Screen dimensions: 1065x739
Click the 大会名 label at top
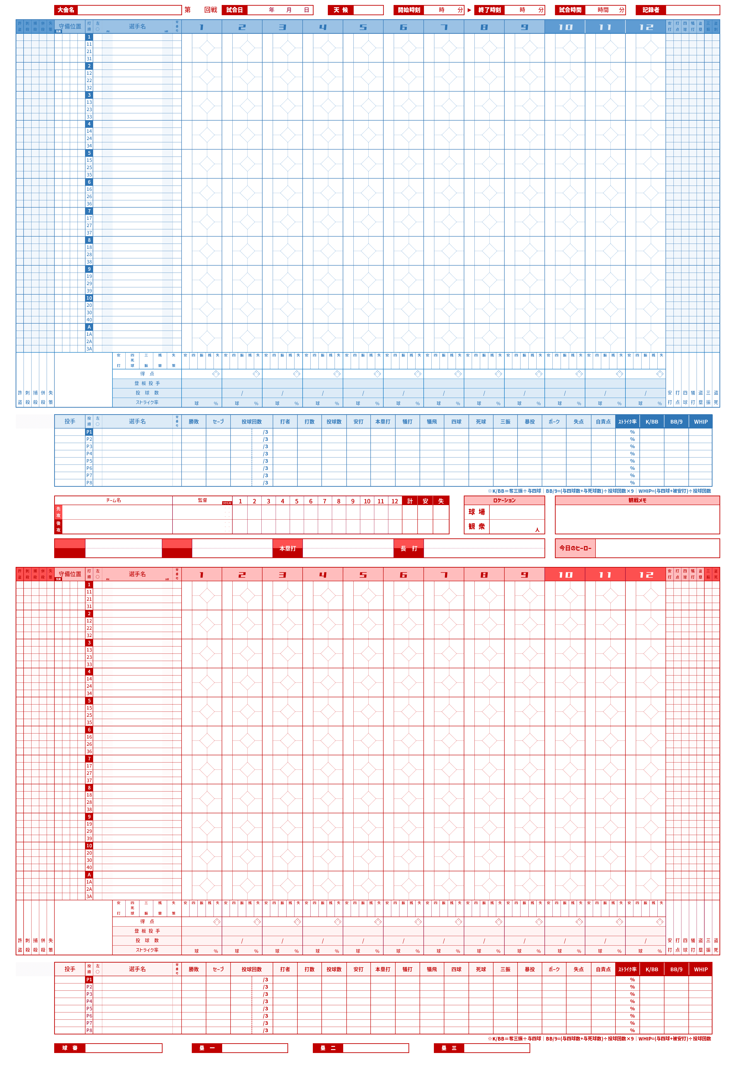point(66,10)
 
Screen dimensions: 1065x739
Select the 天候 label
point(340,10)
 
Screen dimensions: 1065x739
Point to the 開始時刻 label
point(409,10)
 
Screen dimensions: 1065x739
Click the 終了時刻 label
point(489,10)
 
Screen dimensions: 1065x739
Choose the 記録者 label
point(651,10)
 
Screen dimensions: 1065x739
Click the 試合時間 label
point(570,10)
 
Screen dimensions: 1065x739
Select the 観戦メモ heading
point(637,500)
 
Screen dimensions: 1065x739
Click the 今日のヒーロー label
point(575,548)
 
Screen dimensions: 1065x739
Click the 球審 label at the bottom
point(69,1048)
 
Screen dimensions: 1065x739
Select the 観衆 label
point(476,526)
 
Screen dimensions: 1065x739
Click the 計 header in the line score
point(410,501)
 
